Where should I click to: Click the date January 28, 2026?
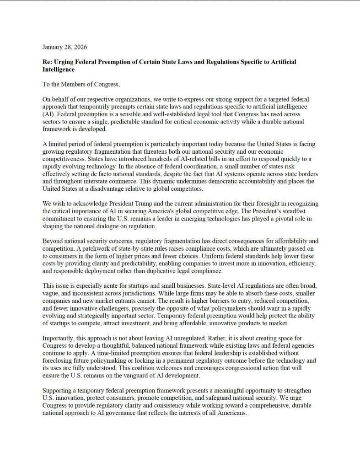(x=64, y=47)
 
